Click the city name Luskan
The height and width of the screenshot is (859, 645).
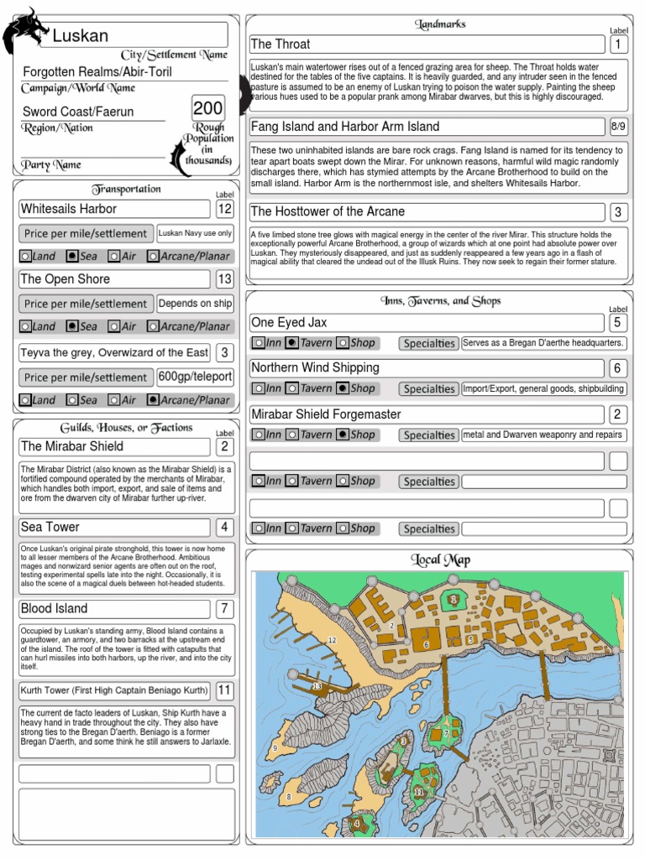coord(81,35)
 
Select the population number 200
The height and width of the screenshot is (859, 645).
coord(208,108)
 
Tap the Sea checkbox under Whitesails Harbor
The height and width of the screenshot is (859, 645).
coord(73,255)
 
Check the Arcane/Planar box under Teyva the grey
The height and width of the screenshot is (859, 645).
coord(153,400)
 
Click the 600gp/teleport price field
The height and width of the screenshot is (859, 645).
coord(195,377)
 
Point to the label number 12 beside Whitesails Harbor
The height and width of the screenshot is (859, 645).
coord(225,209)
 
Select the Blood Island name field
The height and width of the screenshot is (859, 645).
coord(114,608)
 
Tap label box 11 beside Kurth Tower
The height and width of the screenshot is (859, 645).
coord(225,690)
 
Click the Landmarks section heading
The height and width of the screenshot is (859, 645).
coord(440,24)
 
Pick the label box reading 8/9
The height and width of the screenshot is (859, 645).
coord(618,127)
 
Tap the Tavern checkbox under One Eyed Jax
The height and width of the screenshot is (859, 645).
coord(291,343)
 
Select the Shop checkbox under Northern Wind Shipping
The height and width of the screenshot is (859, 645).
coord(343,388)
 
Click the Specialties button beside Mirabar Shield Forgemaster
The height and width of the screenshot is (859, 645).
coord(428,435)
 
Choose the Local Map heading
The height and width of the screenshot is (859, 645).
coord(441,560)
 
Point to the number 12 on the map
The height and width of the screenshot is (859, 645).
coord(332,640)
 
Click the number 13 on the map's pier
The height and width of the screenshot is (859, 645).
coord(317,687)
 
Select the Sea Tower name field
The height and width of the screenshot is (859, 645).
coord(114,527)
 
